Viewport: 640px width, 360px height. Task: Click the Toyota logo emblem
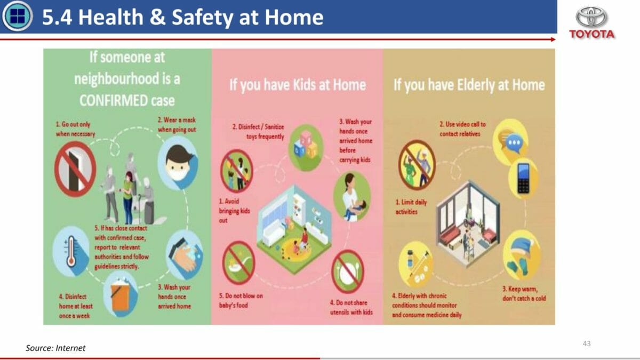click(591, 17)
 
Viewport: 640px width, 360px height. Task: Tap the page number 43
click(587, 343)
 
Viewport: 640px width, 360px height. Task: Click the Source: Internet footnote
click(55, 348)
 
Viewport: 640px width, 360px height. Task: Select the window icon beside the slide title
click(18, 16)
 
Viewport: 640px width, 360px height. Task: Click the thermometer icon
click(71, 251)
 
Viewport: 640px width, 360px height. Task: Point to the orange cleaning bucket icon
click(121, 294)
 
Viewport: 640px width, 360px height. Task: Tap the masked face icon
click(178, 163)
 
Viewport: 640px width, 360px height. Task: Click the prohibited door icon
click(75, 169)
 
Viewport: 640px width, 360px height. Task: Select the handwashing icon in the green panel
click(185, 255)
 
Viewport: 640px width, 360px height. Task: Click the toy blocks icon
click(306, 148)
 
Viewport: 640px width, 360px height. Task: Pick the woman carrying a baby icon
click(353, 197)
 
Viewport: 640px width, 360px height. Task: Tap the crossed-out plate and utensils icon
click(348, 271)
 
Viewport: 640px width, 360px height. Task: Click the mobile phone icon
click(523, 178)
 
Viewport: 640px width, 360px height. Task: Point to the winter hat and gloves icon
click(522, 255)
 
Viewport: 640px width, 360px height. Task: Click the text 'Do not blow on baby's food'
click(241, 301)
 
